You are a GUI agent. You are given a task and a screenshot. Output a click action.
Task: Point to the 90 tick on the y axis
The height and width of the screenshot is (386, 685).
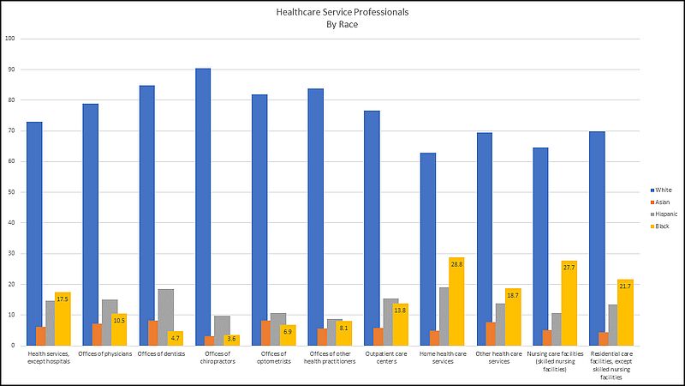pyautogui.click(x=11, y=69)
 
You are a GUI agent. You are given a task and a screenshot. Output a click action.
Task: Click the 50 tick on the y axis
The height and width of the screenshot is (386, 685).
pyautogui.click(x=11, y=192)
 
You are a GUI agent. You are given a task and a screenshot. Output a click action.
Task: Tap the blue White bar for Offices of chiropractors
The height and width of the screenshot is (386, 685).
pyautogui.click(x=203, y=207)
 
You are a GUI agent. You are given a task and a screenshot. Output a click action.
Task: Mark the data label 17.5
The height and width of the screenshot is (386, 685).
pyautogui.click(x=63, y=299)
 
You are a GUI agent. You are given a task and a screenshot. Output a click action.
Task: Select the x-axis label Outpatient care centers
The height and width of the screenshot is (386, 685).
pyautogui.click(x=389, y=359)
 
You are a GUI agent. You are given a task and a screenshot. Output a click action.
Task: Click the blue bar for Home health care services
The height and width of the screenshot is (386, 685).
pyautogui.click(x=428, y=249)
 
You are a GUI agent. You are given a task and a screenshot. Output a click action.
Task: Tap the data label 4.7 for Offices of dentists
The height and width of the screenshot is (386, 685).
pyautogui.click(x=176, y=338)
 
